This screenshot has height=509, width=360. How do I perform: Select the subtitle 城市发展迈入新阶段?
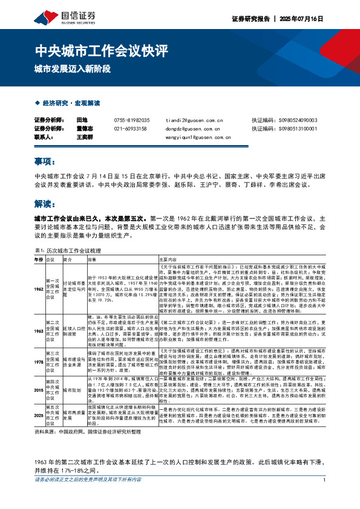73,68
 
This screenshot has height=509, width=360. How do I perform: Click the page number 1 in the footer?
325,497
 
